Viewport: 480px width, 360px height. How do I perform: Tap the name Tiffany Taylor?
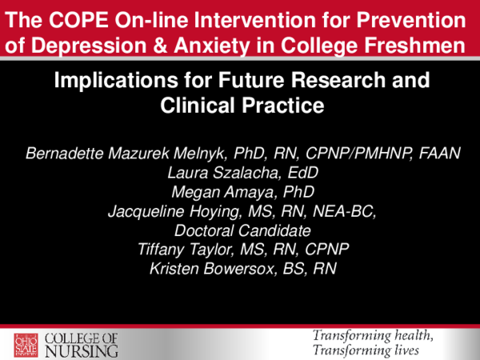click(187, 250)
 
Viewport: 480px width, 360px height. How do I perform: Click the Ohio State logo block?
click(23, 342)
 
